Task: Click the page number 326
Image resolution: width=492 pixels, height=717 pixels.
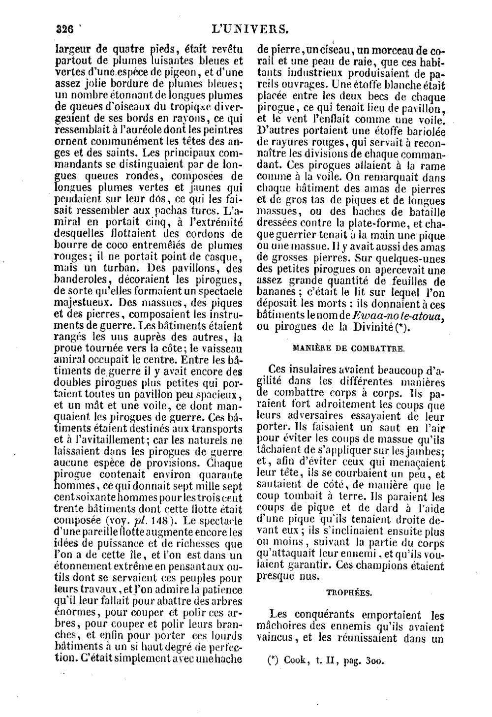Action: (64, 29)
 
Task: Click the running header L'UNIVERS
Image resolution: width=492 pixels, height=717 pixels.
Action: (249, 29)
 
